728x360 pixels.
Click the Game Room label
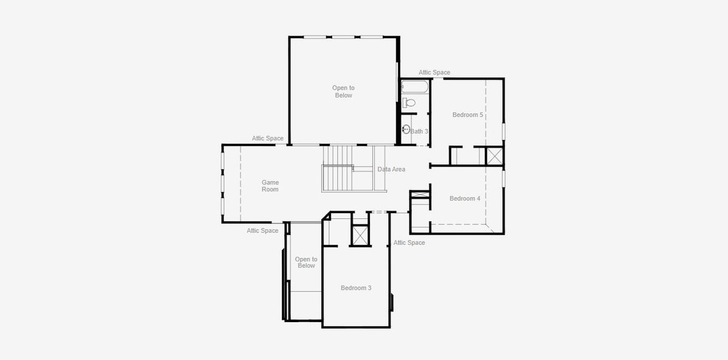[270, 186]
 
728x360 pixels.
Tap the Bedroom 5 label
[468, 115]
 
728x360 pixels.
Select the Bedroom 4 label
[465, 199]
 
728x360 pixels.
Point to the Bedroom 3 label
[356, 288]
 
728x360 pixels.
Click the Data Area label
[391, 169]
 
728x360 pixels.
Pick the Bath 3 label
[419, 131]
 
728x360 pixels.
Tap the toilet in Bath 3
[408, 103]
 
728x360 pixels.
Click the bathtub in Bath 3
[414, 87]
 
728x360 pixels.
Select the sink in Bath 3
[406, 128]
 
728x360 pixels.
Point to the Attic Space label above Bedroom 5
[434, 73]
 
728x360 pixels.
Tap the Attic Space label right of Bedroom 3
[409, 243]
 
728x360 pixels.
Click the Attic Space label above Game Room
[267, 139]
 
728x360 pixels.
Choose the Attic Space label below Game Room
[263, 231]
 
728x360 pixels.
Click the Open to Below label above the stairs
[344, 92]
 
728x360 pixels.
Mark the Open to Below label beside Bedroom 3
[306, 263]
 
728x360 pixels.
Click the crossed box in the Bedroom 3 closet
[360, 235]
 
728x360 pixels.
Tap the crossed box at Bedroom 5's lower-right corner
[495, 155]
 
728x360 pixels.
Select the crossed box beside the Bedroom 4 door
[420, 195]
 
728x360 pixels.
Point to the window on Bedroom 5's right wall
[504, 131]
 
